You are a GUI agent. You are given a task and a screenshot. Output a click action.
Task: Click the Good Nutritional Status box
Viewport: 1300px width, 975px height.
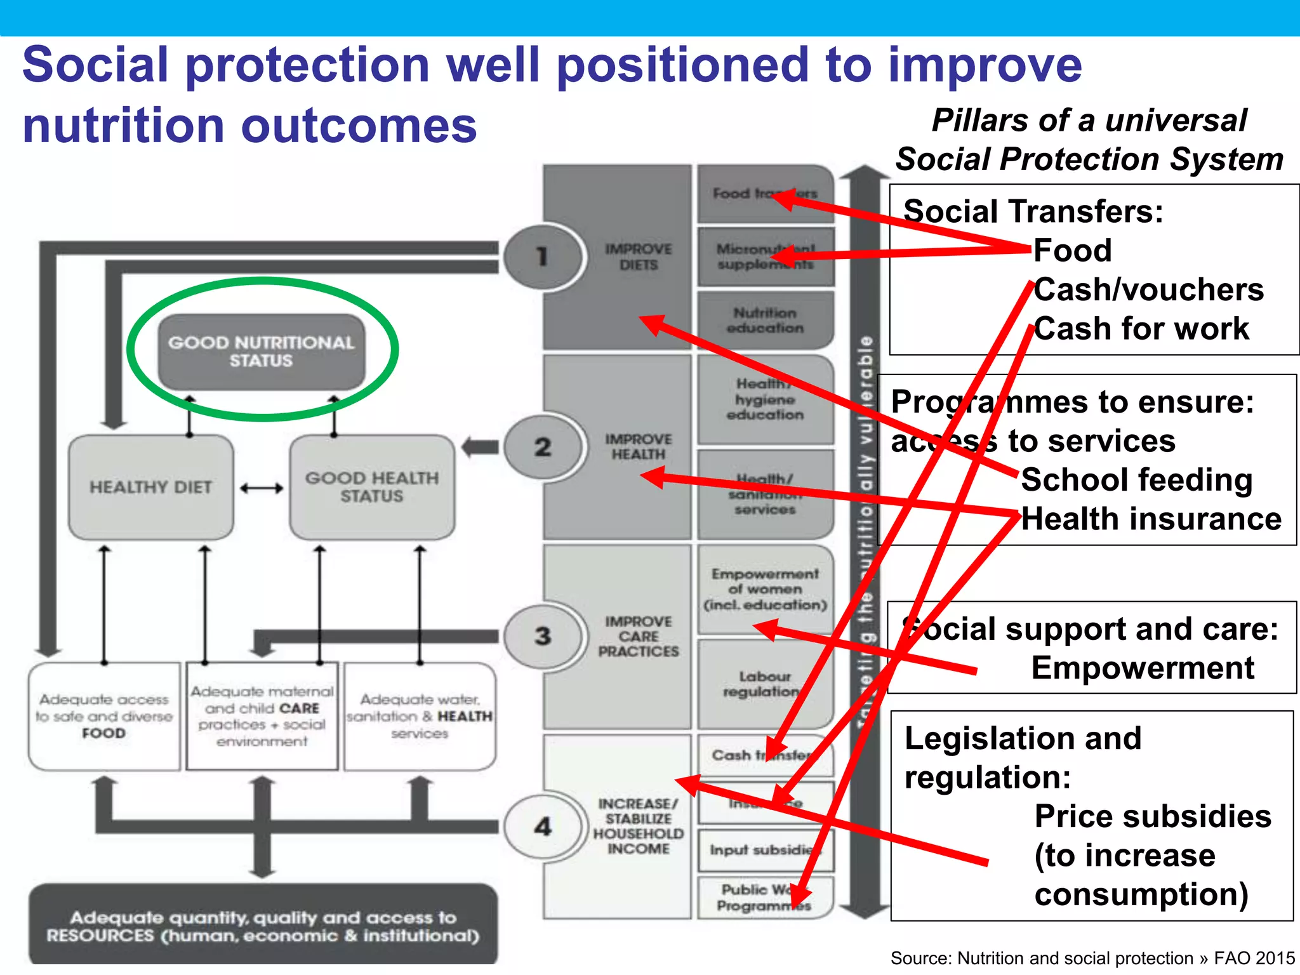[261, 352]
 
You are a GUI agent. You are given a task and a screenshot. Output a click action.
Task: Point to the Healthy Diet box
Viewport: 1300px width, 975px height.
[150, 487]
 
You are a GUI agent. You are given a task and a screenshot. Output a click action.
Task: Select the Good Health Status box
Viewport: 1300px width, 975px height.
[372, 487]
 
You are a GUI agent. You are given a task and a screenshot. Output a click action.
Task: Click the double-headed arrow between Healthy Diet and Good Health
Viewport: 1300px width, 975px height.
[262, 488]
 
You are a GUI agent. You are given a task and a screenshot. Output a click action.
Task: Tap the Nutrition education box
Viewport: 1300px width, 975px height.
[765, 321]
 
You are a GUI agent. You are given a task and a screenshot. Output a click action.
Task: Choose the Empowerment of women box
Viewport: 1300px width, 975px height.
[765, 589]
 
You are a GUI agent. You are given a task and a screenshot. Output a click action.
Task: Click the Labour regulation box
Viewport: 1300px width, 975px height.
[765, 684]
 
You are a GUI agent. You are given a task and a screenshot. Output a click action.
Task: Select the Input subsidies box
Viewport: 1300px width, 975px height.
[765, 850]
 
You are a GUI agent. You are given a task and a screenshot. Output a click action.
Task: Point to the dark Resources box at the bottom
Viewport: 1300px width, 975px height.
[263, 925]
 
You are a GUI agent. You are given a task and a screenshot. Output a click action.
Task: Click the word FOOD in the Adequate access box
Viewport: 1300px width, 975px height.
[104, 733]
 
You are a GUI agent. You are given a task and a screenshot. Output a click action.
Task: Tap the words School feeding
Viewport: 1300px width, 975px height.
[1136, 480]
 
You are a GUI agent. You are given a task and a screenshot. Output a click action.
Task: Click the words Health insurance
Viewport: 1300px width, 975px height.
[1151, 519]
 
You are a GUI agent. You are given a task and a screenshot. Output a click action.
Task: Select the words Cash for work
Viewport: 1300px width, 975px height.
[1141, 329]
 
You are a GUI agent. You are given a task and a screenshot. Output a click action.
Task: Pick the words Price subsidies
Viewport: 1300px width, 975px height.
[1153, 817]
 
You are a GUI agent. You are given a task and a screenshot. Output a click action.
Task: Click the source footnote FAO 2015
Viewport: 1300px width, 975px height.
[1254, 958]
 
